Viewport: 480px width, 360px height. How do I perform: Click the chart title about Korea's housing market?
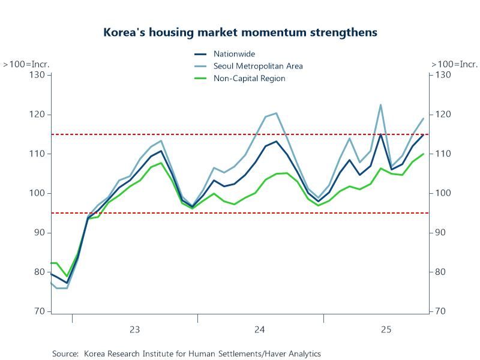240,32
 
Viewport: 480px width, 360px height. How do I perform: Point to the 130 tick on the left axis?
38,74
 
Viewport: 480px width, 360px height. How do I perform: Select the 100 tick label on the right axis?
442,193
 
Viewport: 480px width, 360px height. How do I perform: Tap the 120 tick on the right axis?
442,114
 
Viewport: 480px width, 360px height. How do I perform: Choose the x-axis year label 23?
134,329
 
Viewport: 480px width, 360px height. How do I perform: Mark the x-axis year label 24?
260,329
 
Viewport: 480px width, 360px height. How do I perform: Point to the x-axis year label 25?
386,329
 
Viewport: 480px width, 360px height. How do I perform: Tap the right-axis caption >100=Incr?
454,64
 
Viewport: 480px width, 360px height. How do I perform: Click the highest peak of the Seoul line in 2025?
380,104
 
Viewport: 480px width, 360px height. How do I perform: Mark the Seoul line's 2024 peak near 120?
276,113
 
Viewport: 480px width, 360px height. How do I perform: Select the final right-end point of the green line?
424,154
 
